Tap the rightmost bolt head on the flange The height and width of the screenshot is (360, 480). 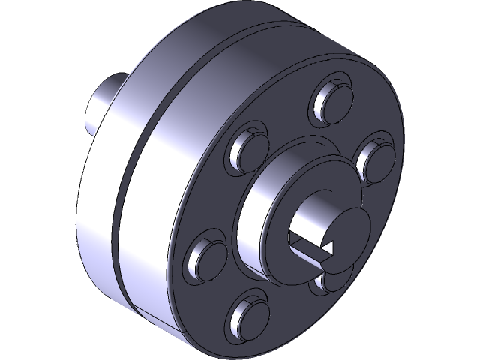tap(373, 157)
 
